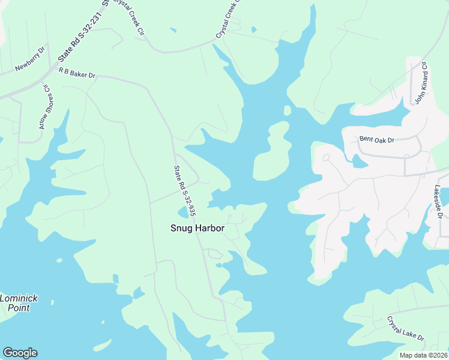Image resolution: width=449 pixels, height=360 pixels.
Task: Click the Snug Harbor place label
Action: [x=197, y=228]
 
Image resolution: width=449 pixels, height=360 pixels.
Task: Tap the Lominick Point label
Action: [x=18, y=302]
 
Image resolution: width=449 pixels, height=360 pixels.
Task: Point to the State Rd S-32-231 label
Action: [x=82, y=34]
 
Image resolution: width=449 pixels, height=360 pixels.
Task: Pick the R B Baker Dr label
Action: [x=77, y=73]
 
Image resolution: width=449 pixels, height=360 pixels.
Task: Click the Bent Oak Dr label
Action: [x=376, y=140]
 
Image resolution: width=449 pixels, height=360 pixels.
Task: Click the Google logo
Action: [x=20, y=353]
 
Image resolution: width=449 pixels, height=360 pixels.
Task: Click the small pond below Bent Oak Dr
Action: [x=359, y=161]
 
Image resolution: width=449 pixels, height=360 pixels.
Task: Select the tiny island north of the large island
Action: [x=287, y=110]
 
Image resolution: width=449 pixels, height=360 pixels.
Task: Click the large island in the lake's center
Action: [x=271, y=153]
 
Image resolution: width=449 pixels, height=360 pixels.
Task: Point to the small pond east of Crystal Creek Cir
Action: [x=253, y=30]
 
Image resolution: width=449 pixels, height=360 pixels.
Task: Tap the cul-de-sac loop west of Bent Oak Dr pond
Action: [x=326, y=158]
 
